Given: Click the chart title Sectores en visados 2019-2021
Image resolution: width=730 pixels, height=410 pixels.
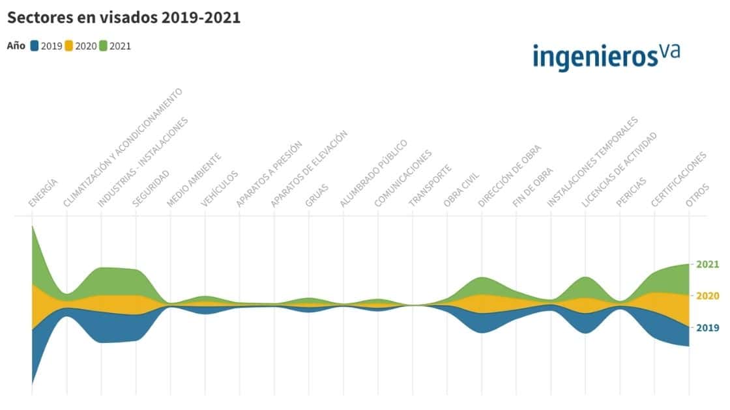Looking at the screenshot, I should coord(124,18).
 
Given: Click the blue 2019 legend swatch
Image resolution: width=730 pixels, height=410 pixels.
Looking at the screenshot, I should coord(35,46).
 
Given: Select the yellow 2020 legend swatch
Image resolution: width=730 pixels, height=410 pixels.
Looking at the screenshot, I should coord(70,46).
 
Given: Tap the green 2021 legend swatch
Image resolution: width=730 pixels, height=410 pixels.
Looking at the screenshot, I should coord(104,46).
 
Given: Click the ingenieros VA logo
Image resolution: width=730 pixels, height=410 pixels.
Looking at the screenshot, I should coord(606,56).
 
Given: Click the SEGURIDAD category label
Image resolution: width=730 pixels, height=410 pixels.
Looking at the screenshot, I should coord(151,189).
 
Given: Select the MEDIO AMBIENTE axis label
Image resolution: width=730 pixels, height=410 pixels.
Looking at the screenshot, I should coord(194,180).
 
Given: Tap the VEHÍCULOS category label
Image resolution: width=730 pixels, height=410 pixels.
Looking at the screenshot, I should coord(220,189).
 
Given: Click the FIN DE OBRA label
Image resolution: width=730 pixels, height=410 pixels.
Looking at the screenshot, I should coord(533,187).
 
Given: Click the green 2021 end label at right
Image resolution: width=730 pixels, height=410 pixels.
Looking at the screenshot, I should coord(707,264).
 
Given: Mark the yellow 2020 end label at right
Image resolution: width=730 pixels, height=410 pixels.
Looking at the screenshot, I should coord(707,295).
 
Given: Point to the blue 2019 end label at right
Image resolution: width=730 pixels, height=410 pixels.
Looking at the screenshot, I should coord(707,327).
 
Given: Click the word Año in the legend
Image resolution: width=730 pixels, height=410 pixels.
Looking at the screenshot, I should coord(16,46).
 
